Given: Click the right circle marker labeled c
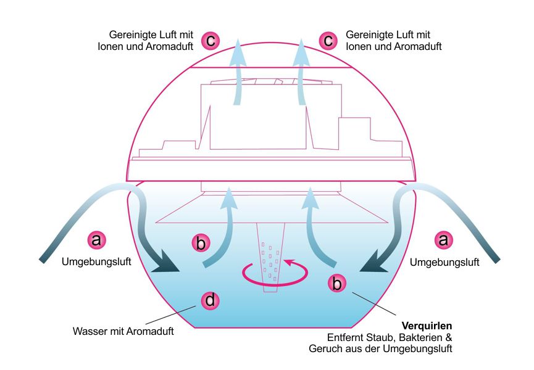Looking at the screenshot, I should click(x=328, y=41).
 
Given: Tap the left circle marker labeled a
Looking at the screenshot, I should click(x=96, y=239).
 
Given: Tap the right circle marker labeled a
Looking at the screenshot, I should click(x=443, y=239).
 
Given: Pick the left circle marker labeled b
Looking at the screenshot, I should click(x=201, y=243).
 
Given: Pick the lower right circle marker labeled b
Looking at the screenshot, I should click(x=336, y=284).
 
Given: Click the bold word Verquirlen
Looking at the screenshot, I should click(x=428, y=326).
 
